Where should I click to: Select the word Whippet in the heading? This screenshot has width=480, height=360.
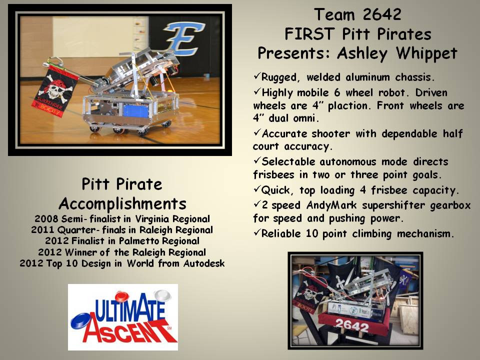tap(426, 53)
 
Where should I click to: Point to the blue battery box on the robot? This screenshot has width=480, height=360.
tap(136, 110)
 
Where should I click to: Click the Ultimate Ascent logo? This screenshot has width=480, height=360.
tap(123, 317)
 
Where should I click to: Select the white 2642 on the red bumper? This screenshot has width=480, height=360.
tap(352, 325)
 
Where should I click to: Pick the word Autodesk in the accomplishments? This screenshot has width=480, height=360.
tap(204, 263)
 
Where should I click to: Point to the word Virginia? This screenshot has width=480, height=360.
tap(152, 219)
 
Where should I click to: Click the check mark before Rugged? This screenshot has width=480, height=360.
tap(257, 75)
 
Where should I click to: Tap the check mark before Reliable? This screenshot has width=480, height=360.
tap(257, 232)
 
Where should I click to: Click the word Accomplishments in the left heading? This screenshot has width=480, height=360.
tap(122, 204)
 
